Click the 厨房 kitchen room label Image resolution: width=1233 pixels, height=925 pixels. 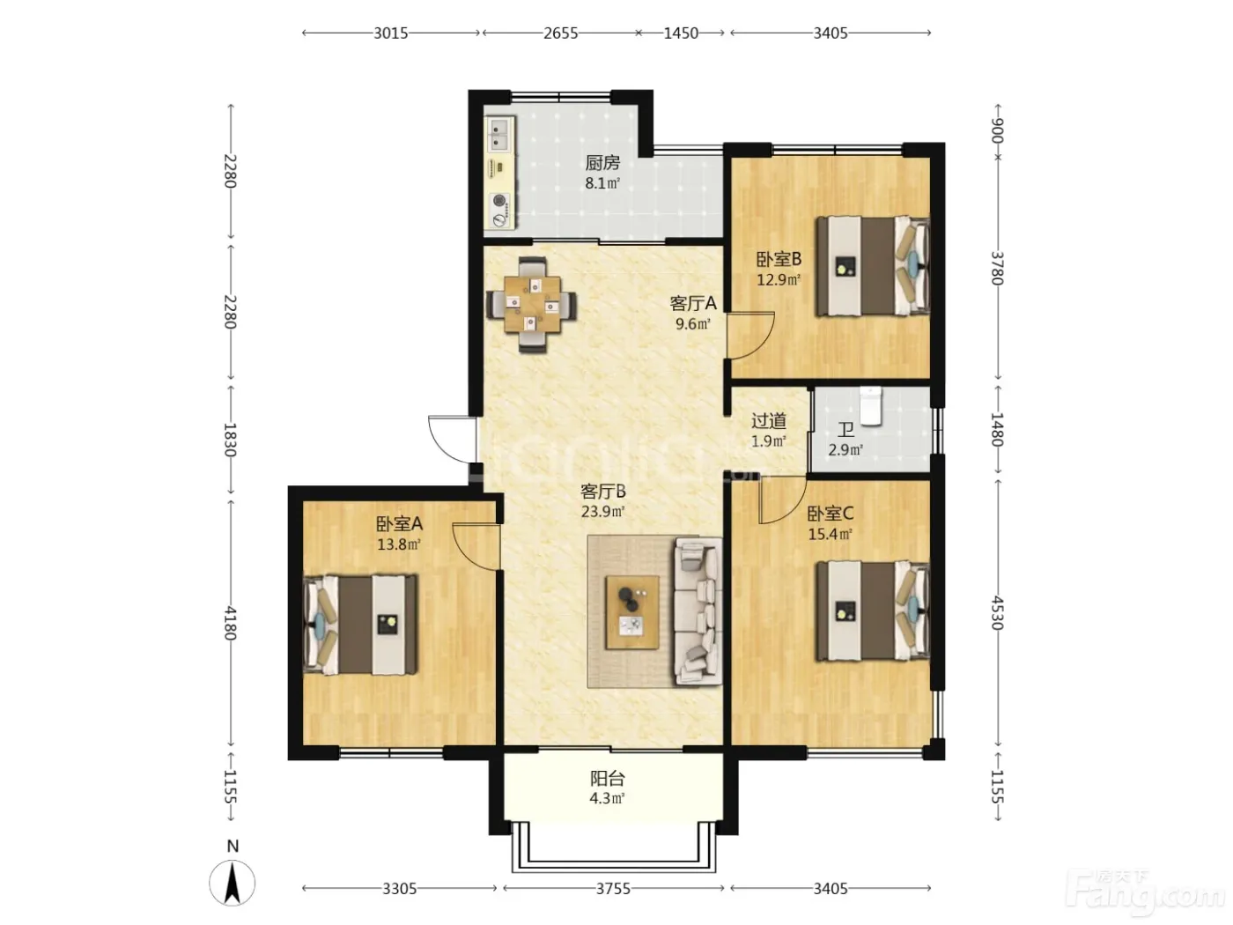coord(602,163)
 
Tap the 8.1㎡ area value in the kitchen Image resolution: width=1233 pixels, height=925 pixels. coord(602,183)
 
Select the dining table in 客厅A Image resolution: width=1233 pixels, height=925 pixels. coord(532,305)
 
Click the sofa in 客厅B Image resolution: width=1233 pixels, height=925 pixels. coord(698,611)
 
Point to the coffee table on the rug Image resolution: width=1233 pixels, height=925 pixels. coord(632,612)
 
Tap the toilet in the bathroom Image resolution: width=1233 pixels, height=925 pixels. coord(871,405)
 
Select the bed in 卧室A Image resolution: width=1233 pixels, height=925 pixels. coord(360,624)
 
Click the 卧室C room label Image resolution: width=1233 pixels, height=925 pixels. coord(831,514)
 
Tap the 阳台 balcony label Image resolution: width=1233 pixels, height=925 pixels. coord(607,779)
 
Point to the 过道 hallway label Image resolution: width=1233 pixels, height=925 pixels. coord(769,421)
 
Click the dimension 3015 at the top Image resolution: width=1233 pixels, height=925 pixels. coord(391,33)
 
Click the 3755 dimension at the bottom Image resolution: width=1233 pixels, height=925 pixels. coord(613,889)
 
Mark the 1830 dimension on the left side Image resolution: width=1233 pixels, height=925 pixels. coord(230,440)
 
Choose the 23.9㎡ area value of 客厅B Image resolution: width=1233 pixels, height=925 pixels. coord(602,512)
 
